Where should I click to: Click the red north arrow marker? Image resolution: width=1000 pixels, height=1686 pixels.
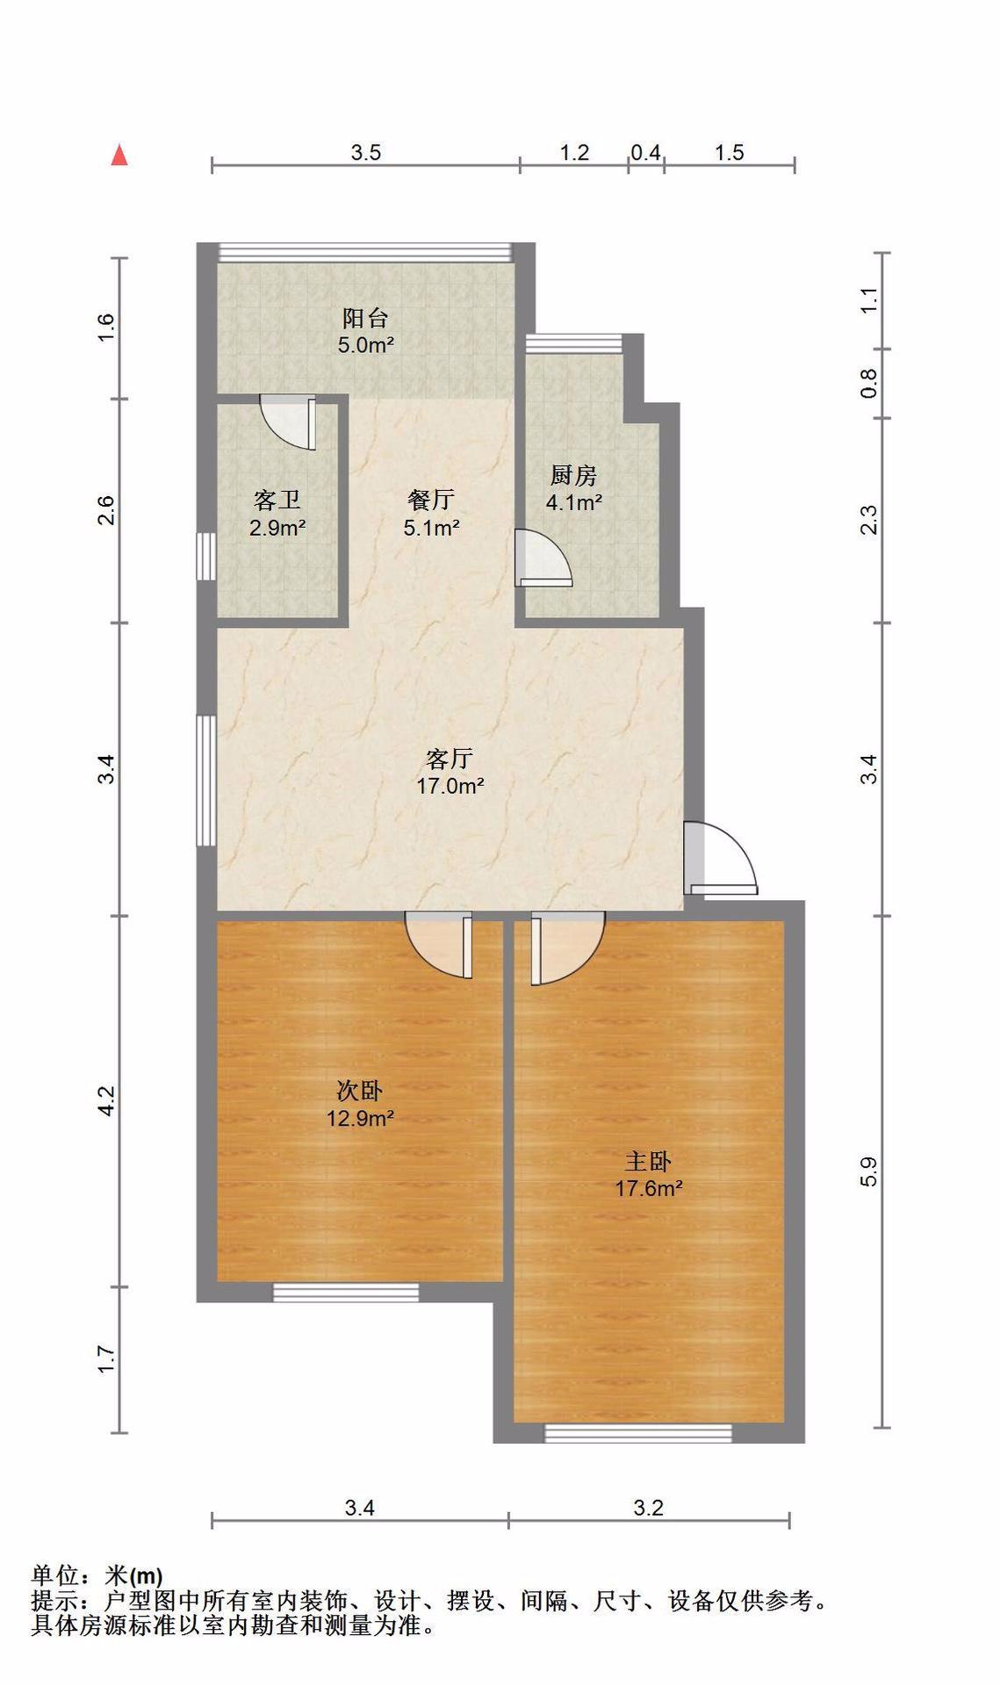pos(119,155)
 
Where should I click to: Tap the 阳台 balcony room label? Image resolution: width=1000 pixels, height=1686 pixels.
pos(365,318)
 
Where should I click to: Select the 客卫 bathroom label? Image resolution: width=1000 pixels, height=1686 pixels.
pos(277,501)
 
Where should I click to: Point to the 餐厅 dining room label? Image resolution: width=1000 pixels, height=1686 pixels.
pos(431,500)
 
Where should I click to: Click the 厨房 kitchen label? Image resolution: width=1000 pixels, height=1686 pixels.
pos(573,476)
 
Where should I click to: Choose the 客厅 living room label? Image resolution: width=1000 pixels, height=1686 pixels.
pos(450,758)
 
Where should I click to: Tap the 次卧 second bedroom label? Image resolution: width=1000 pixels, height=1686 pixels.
pos(360,1091)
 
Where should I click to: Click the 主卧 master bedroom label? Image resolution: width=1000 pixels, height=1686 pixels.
pos(648,1161)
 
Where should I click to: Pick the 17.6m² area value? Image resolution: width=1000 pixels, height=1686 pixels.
pos(649,1189)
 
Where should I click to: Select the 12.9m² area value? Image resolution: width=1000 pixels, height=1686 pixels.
pos(360,1119)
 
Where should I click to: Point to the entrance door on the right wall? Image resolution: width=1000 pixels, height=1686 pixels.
pos(720,858)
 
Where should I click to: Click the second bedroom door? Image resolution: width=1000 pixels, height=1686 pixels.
pos(439,945)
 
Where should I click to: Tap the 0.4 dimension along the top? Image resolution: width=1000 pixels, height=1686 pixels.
pos(645,153)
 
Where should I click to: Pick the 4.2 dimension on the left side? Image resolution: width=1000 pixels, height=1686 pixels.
pos(105,1101)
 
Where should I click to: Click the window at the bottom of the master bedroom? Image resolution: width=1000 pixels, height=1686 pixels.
pos(638,1433)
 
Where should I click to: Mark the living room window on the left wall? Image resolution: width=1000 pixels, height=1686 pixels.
pos(205,781)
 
